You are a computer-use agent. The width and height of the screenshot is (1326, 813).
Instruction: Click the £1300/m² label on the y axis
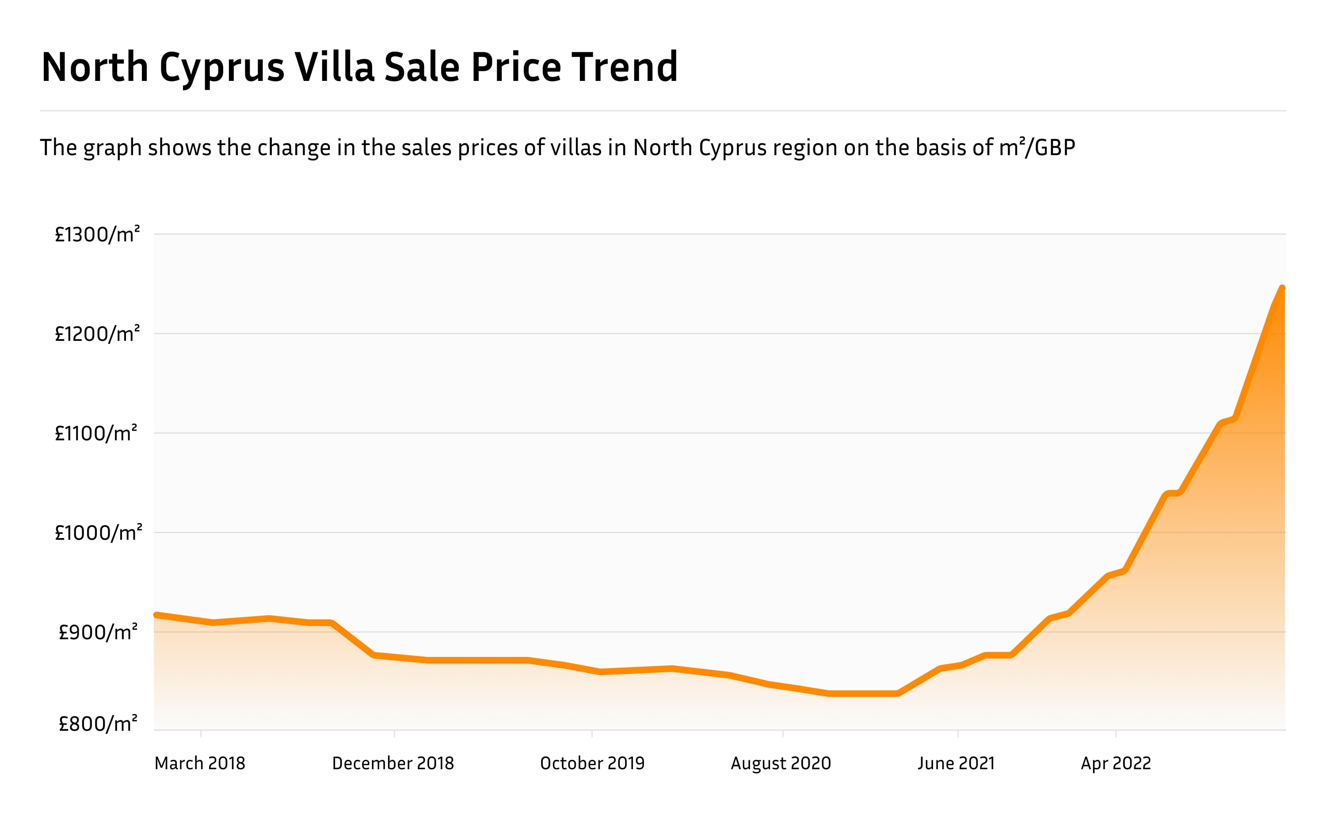tap(97, 235)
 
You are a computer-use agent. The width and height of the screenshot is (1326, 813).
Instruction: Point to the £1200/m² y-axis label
tap(97, 334)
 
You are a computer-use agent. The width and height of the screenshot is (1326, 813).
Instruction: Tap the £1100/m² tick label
tap(96, 433)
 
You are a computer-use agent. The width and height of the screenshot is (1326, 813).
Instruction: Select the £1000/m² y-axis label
tap(99, 533)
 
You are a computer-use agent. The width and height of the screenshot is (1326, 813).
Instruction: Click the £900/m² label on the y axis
tap(98, 633)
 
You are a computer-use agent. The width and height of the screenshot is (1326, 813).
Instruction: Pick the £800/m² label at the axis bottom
tap(98, 724)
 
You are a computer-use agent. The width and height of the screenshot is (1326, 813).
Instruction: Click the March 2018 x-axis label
tap(200, 763)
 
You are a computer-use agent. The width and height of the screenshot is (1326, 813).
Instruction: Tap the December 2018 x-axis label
tap(393, 763)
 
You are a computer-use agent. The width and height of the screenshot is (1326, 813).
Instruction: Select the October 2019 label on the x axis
tap(592, 763)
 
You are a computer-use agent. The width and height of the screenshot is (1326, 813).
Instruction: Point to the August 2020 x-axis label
tap(781, 763)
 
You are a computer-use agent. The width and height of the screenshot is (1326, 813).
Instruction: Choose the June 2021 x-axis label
tap(956, 763)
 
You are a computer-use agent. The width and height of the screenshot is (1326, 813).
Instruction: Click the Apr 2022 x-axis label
tap(1116, 763)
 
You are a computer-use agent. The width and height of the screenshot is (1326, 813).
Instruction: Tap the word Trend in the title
tap(624, 67)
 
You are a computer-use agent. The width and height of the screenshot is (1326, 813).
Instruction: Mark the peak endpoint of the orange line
tap(1282, 289)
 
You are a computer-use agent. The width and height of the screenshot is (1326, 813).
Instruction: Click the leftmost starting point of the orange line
tap(156, 615)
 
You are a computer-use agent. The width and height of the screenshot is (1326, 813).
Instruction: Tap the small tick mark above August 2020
tap(782, 734)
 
